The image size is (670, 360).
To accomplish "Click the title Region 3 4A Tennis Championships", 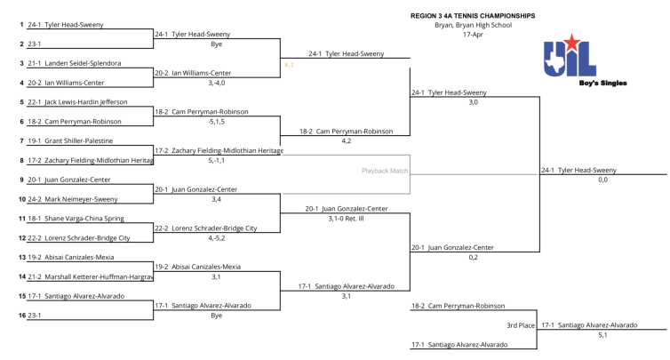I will click(473, 15).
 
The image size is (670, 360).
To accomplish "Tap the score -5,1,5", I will click(218, 122).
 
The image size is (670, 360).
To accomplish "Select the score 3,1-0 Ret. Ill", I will click(347, 218).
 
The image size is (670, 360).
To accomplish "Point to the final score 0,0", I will click(602, 180).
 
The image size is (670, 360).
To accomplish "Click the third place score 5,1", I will click(602, 335).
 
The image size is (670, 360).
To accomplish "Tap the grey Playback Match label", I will click(385, 170).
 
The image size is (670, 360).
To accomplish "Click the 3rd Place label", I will click(521, 325).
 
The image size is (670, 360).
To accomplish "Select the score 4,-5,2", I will click(218, 238).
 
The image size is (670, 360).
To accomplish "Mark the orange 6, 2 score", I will click(289, 64).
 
